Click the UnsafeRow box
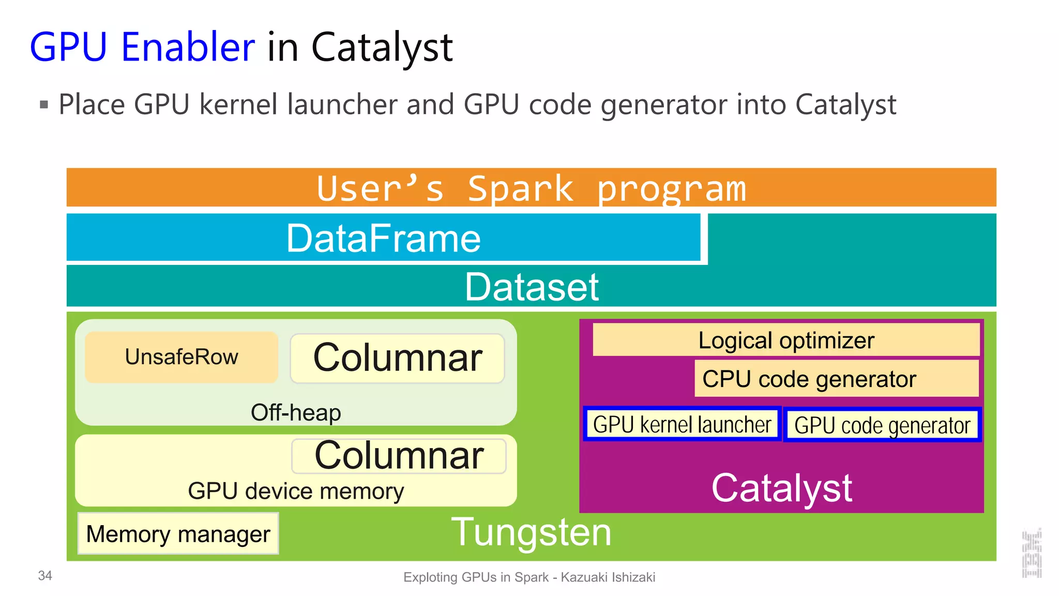click(x=181, y=357)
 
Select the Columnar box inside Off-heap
click(x=397, y=358)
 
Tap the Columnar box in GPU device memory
click(x=399, y=456)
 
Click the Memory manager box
click(x=178, y=534)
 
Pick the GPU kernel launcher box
click(x=682, y=424)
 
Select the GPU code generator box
click(x=882, y=425)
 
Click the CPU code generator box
click(x=836, y=379)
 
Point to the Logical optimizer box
click(x=785, y=340)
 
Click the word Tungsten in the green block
click(x=531, y=532)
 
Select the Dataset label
click(x=531, y=287)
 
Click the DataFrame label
click(x=383, y=238)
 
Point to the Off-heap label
click(x=296, y=413)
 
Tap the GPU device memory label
click(x=296, y=491)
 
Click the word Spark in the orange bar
click(x=520, y=188)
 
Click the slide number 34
click(x=45, y=576)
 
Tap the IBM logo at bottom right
click(x=1031, y=554)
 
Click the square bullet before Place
click(x=44, y=105)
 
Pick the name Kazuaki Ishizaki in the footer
click(x=608, y=577)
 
